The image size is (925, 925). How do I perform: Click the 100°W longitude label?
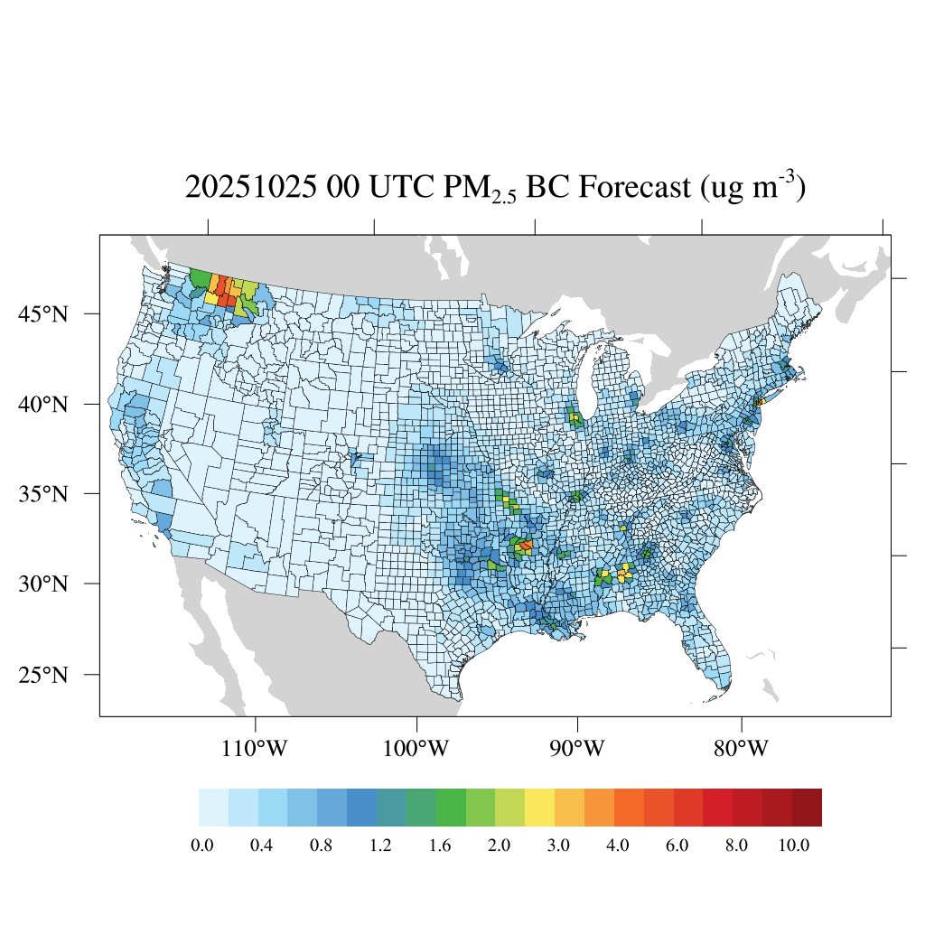point(416,749)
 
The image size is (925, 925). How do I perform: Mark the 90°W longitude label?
point(577,749)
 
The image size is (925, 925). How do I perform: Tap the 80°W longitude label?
point(742,749)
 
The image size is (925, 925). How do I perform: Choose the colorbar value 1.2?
point(380,846)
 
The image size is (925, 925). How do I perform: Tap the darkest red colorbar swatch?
point(807,808)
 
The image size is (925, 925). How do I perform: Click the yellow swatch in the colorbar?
point(539,808)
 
